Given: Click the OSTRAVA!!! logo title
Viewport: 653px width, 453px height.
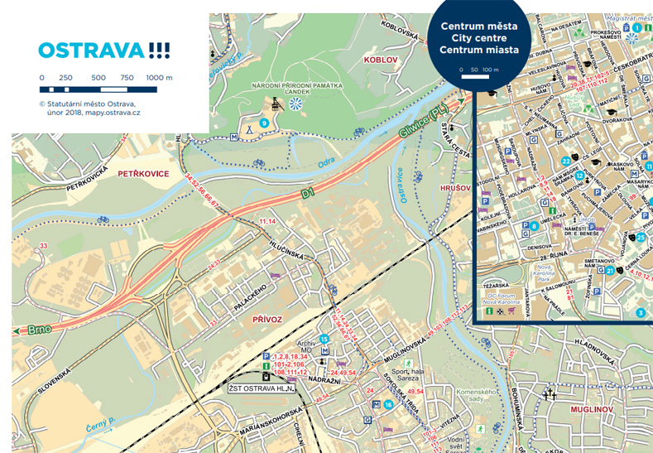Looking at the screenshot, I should coord(104,51).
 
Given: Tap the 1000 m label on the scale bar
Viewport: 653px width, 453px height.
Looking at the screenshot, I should coord(159,77).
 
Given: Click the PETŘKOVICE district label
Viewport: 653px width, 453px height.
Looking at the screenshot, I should coord(144,174).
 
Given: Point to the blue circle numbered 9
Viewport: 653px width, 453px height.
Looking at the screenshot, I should coord(264,123).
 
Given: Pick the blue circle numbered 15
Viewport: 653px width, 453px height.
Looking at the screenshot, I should coord(324,340).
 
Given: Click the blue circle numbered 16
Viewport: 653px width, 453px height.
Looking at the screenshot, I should coord(388,405).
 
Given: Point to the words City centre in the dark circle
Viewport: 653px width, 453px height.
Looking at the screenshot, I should coord(479,39).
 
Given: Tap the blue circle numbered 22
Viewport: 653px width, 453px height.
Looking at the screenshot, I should coord(565,161).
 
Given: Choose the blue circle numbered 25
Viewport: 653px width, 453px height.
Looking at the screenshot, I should coord(640,238).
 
